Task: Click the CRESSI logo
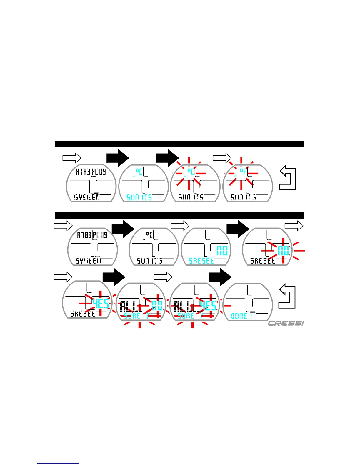tap(286, 323)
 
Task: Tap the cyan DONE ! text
tap(241, 316)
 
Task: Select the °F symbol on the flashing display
tap(243, 171)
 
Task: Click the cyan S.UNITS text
tap(139, 197)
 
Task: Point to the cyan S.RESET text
tap(201, 261)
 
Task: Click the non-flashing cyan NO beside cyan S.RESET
tap(222, 251)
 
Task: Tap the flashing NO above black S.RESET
tap(283, 251)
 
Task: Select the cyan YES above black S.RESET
tap(101, 303)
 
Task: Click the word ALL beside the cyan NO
tap(129, 307)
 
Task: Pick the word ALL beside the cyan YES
tap(183, 307)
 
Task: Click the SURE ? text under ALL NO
tap(136, 316)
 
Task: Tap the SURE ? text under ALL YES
tap(190, 316)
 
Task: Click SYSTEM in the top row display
tap(87, 197)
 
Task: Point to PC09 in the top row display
tap(99, 172)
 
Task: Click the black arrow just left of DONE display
tap(220, 277)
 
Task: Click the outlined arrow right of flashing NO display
tap(294, 226)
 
